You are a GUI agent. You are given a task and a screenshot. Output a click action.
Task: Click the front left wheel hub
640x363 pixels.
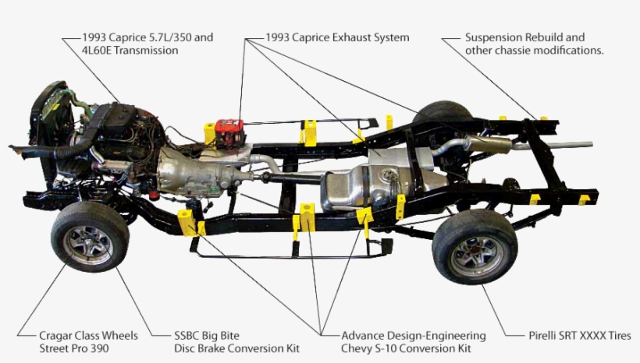tap(88, 243)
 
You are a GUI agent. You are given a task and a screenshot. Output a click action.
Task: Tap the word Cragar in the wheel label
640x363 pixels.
tap(56, 336)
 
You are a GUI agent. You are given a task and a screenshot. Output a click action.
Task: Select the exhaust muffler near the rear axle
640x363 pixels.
tap(488, 144)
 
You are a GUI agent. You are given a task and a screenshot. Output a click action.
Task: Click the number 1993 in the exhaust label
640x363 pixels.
tap(279, 37)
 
